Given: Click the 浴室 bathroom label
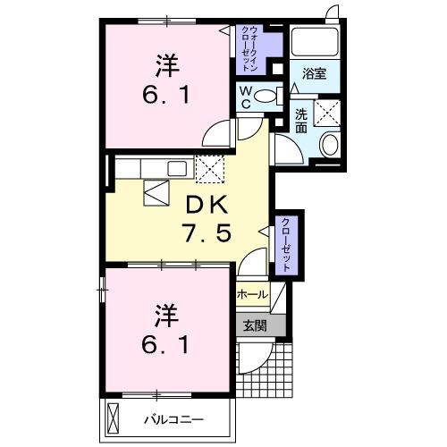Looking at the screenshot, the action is (315, 73).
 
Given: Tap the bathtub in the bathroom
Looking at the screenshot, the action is (315, 41).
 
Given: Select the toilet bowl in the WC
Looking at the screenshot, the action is (266, 96).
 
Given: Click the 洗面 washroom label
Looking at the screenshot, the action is (301, 122).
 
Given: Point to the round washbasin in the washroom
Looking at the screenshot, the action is (330, 144).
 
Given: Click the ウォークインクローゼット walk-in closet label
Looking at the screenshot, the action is (249, 48).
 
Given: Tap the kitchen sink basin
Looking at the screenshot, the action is (177, 168).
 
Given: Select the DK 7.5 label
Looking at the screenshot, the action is (207, 219).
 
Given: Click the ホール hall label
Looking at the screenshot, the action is (252, 295).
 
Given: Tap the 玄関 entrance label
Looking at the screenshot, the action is (255, 325).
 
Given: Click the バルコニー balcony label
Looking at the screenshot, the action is (174, 420).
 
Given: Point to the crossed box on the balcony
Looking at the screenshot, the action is (114, 416).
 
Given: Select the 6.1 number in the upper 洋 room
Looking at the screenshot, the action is (165, 95).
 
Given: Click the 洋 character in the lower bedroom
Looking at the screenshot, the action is (166, 316).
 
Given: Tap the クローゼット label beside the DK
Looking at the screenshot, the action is (286, 245).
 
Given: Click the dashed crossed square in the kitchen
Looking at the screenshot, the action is (210, 169).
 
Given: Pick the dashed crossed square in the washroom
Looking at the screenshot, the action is (327, 114).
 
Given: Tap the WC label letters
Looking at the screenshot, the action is (247, 97).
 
